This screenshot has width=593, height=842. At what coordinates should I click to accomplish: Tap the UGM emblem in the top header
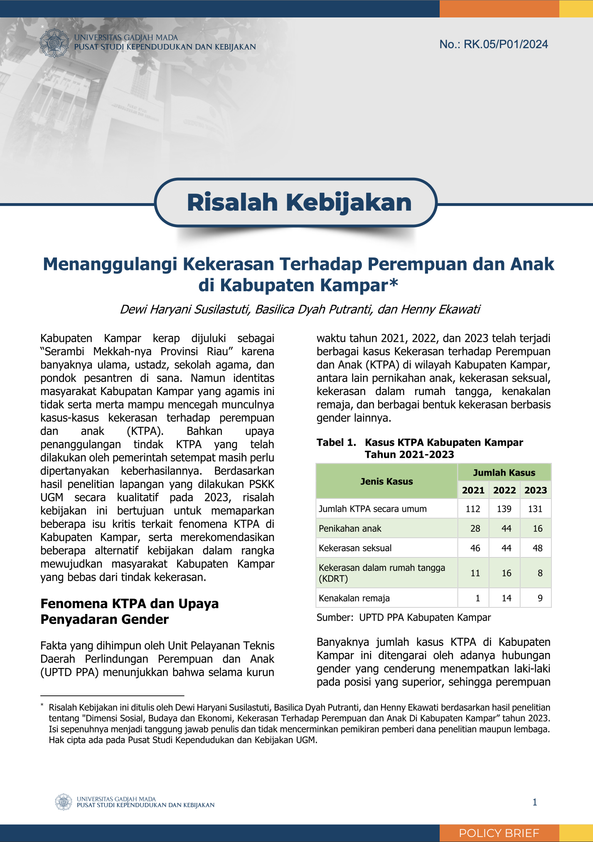coord(54,43)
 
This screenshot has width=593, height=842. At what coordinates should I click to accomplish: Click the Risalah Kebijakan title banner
coord(299,202)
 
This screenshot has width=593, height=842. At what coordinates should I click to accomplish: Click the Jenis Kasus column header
coord(386,481)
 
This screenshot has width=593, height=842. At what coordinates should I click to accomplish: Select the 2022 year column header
coord(504,490)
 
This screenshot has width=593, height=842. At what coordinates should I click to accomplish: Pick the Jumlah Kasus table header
coord(504,473)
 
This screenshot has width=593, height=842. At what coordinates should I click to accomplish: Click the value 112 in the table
coord(473,509)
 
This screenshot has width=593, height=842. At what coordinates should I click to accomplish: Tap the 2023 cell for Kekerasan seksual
coord(537,548)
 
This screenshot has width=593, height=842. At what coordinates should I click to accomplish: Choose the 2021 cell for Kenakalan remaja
coord(477,598)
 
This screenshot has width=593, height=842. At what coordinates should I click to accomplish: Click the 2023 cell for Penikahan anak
coord(537,528)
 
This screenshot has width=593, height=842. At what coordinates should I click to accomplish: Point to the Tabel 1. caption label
coord(336,442)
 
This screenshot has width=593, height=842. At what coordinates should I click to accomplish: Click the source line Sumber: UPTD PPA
coord(404,618)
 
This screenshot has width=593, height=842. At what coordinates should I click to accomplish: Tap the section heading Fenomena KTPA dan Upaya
coord(129,604)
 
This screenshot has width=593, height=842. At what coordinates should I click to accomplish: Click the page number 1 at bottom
coord(535,802)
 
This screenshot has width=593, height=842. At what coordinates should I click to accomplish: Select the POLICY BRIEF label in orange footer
coord(499,833)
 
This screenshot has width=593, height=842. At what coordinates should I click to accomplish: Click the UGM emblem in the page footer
coord(64,802)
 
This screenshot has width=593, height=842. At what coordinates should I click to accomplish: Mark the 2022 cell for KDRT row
coord(506,573)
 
